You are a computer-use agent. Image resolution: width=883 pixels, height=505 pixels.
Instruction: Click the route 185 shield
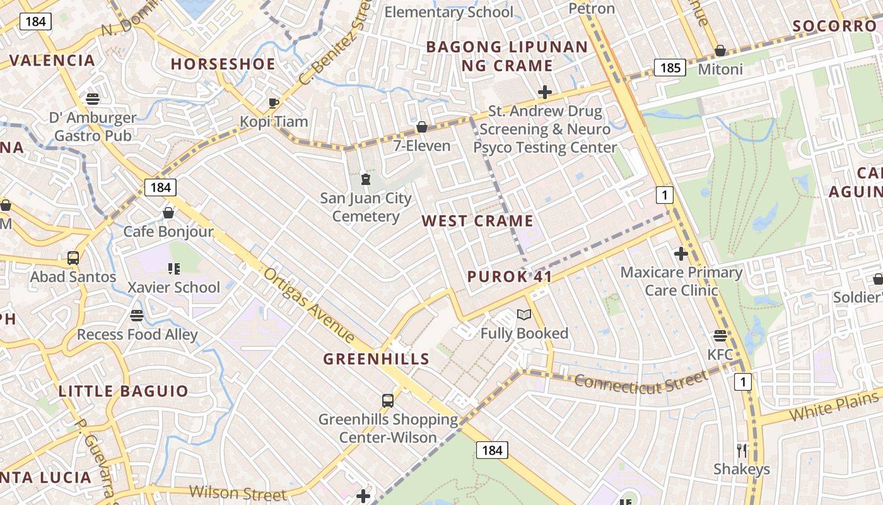(669, 67)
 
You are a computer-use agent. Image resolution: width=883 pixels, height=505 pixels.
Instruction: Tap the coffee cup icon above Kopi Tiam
(274, 102)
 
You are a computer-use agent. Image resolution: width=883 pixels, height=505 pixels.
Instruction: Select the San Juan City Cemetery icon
(365, 179)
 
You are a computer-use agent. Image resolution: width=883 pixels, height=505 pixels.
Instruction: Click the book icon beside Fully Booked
(524, 314)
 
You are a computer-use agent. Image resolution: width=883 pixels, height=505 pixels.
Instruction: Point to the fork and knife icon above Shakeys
(742, 450)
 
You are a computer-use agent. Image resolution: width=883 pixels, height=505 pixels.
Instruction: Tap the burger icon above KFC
(720, 335)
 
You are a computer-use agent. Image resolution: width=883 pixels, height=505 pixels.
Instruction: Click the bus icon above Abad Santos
(73, 258)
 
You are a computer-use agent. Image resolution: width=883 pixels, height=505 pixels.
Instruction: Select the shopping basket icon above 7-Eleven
(422, 127)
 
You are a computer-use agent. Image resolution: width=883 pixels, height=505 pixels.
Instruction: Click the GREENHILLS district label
(377, 359)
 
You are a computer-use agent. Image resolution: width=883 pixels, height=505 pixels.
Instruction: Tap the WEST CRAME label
(477, 221)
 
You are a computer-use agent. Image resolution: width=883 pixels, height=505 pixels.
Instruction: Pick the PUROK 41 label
(510, 276)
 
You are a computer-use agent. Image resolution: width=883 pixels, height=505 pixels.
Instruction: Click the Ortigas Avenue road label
(309, 306)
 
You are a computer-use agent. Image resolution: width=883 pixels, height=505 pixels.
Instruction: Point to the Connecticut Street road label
(640, 382)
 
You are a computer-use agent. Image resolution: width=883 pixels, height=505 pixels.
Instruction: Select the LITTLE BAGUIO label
(124, 391)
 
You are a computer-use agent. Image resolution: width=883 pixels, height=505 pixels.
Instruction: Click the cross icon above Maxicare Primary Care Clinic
(681, 254)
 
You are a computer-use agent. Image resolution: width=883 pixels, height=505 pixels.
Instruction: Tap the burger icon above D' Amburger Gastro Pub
(93, 99)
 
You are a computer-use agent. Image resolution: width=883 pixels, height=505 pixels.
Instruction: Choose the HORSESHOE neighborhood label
(223, 64)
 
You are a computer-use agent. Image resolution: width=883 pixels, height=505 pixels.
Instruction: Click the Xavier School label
(174, 287)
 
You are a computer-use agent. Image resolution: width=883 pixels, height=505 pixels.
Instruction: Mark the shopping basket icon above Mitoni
(720, 50)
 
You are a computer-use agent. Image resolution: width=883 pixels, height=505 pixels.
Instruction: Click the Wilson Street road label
(238, 492)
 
